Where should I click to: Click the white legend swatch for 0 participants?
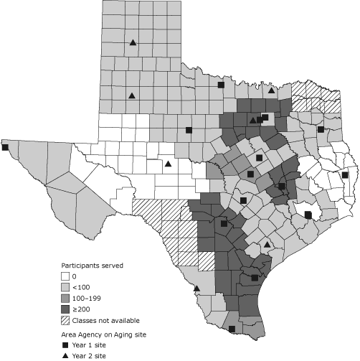coord(64,276)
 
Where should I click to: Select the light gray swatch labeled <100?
coord(64,287)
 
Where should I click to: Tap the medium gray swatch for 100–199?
coord(64,298)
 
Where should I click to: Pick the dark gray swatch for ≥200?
coord(64,309)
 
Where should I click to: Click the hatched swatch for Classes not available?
coord(64,319)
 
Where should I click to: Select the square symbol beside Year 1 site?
coord(64,345)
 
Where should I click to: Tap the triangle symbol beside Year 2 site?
coord(64,356)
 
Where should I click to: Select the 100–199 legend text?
coord(88,298)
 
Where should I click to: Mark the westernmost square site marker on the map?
coord(5,147)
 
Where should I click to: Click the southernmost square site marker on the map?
coord(232,329)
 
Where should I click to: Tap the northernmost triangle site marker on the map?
coord(133,42)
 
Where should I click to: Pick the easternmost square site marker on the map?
coord(345,174)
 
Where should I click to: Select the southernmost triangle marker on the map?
coord(196,289)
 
